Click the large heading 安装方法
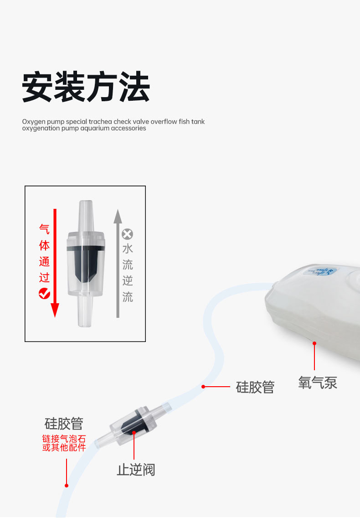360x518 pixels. pos(86,87)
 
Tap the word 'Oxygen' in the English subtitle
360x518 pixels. pos(32,122)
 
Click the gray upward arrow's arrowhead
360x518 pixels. pos(118,215)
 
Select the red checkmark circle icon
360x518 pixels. pos(44,293)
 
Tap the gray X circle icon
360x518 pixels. pos(128,234)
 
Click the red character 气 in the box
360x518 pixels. pos(44,229)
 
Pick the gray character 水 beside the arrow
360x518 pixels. pos(128,249)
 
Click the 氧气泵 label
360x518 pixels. pos(318,382)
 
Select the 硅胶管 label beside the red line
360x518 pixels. pos(255,387)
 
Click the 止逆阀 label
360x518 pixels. pos(136,470)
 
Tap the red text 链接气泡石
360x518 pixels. pos(64,439)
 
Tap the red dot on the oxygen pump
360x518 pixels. pos(314,343)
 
